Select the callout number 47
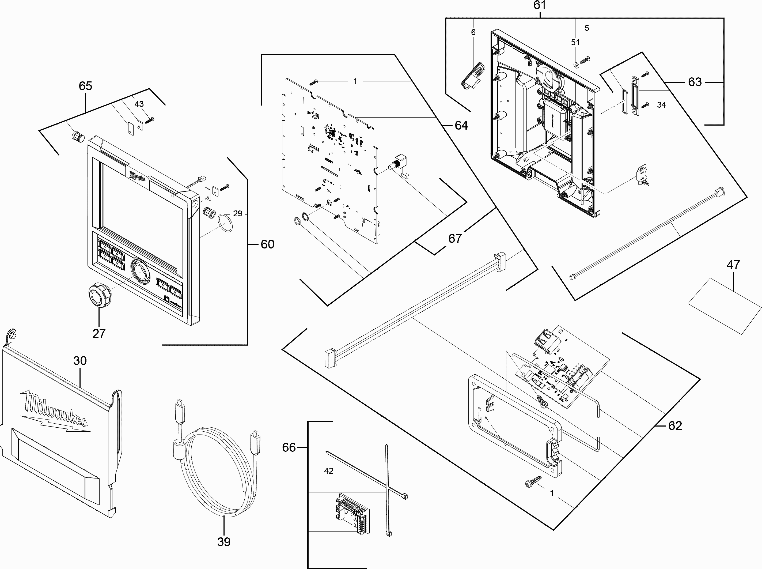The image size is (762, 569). pos(733,265)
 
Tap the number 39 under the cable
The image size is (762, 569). pos(224,542)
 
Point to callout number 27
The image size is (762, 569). pos(99,333)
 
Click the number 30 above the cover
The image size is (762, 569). pos(80,361)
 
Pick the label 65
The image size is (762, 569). pos(85,86)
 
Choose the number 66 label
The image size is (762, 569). pos(289,447)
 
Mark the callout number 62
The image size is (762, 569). pos(675,426)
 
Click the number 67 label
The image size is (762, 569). pos(454,238)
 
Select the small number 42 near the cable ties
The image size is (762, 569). pos(328,471)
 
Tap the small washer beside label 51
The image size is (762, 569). pos(575,64)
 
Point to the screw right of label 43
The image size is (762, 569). pos(150,120)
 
